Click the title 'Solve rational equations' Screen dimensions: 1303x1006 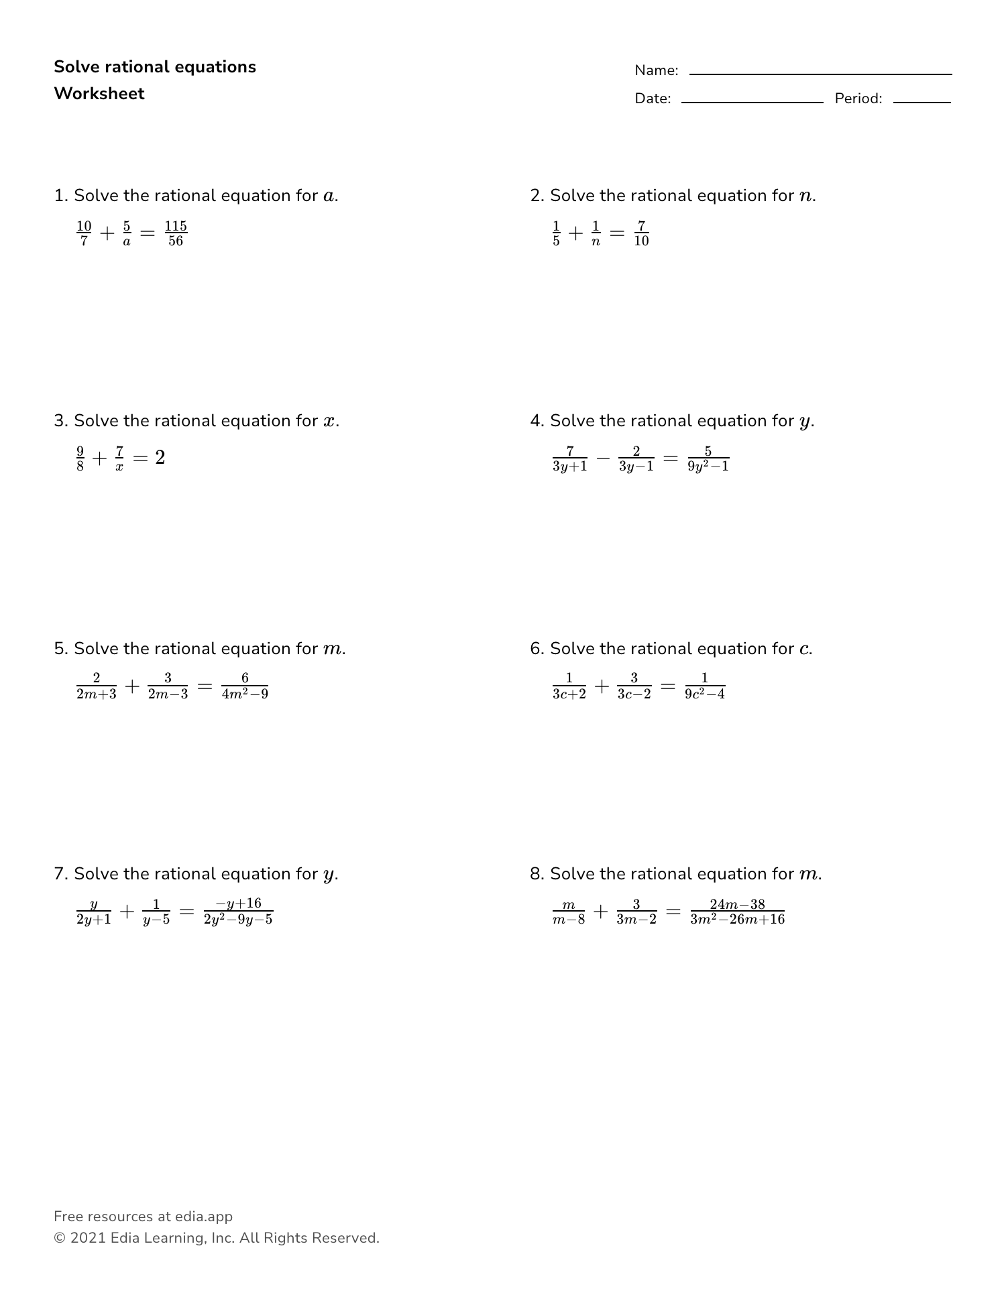tap(155, 67)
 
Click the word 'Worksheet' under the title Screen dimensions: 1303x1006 tap(99, 94)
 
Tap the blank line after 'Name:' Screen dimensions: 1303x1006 tap(820, 74)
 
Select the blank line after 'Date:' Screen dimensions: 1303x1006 tap(752, 102)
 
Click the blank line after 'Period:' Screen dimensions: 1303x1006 tap(921, 102)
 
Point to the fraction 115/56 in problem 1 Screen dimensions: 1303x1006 tap(176, 233)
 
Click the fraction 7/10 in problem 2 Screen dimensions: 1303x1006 tap(641, 233)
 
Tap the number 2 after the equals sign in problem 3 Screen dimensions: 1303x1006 tap(160, 458)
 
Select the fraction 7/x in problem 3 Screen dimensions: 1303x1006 tap(119, 458)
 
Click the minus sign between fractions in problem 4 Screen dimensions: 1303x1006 tap(603, 458)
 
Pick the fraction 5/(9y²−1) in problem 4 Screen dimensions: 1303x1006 tap(708, 458)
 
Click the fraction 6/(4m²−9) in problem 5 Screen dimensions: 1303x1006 tap(245, 686)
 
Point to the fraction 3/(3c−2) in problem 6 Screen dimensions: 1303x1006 tap(634, 686)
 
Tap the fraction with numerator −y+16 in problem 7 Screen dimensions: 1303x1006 tap(238, 912)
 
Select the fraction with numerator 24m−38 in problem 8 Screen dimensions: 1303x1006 tap(737, 912)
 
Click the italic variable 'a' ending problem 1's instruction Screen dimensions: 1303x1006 tap(329, 196)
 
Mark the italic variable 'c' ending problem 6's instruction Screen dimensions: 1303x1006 tap(804, 649)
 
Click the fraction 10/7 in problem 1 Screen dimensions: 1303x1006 tap(84, 233)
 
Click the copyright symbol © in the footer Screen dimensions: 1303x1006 tap(59, 1238)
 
